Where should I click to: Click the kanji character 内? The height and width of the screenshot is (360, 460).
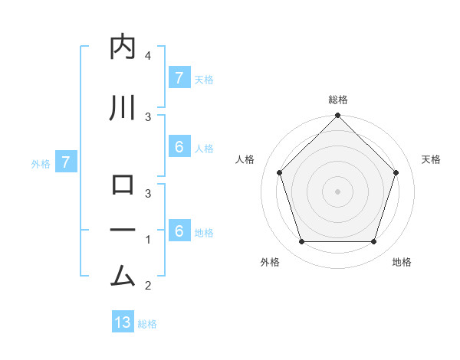(123, 47)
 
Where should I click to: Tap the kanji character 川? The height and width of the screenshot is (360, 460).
(123, 108)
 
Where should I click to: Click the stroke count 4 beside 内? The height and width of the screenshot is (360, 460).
(148, 56)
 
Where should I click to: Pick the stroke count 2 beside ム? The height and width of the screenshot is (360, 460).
(148, 286)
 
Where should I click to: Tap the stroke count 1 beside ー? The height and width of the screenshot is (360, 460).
(148, 240)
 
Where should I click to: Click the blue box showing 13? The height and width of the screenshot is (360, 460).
(123, 322)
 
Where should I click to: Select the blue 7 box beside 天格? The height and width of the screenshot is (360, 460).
(179, 78)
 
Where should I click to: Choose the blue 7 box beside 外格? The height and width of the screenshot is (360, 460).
(66, 162)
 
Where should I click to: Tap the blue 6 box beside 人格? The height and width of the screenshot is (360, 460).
(179, 147)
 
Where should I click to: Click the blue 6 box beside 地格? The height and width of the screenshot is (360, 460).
(179, 231)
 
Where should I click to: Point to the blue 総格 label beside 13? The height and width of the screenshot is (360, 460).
(147, 324)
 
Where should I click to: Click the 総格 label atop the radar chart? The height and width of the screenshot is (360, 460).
(338, 100)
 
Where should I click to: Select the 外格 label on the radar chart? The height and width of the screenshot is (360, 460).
(270, 262)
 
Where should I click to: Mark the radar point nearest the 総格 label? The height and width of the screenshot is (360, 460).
(337, 116)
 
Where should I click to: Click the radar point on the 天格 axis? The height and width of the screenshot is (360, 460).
(396, 172)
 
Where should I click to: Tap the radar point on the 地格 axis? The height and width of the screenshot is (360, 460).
(373, 242)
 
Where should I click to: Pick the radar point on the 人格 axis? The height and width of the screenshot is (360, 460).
(279, 172)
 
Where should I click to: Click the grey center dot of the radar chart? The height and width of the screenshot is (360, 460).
(337, 191)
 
